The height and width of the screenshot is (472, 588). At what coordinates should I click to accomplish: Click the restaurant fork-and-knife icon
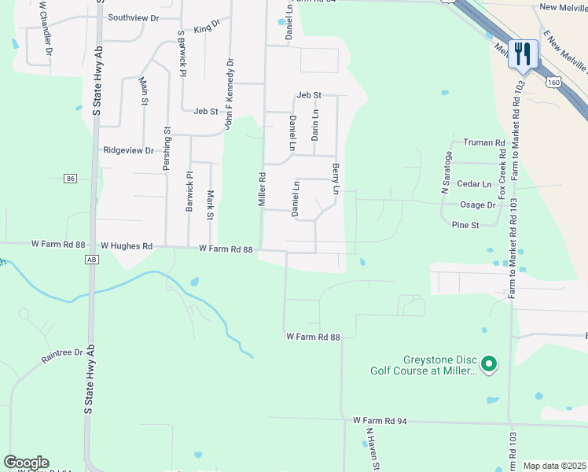point(523,54)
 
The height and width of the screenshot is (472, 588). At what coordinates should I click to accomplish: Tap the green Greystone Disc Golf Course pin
point(489,363)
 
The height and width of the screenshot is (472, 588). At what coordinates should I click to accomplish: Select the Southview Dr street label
point(133,17)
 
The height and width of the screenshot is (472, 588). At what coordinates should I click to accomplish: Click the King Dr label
point(207,28)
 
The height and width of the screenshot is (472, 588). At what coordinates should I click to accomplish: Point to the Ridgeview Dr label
point(128,149)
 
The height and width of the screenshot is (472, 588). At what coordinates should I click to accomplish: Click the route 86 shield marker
point(71,179)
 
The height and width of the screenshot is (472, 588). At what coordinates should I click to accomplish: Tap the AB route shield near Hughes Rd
point(91,259)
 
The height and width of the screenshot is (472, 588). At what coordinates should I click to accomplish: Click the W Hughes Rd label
point(126,246)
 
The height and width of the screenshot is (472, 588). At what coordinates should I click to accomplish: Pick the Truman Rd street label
point(483,142)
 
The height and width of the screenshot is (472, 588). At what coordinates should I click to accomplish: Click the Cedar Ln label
point(474,184)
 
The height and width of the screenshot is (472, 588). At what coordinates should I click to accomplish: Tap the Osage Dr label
point(479,205)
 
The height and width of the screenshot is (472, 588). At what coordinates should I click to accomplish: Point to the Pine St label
point(465,225)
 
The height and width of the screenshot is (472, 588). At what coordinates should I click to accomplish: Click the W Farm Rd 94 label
point(380,422)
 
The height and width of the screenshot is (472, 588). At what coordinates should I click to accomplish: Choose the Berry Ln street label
point(336,179)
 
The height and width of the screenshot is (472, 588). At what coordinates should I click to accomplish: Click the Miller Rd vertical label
point(263,190)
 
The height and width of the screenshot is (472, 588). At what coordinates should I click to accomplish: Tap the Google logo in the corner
point(26,463)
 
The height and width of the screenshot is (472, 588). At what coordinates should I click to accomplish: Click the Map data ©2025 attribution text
point(555,466)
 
